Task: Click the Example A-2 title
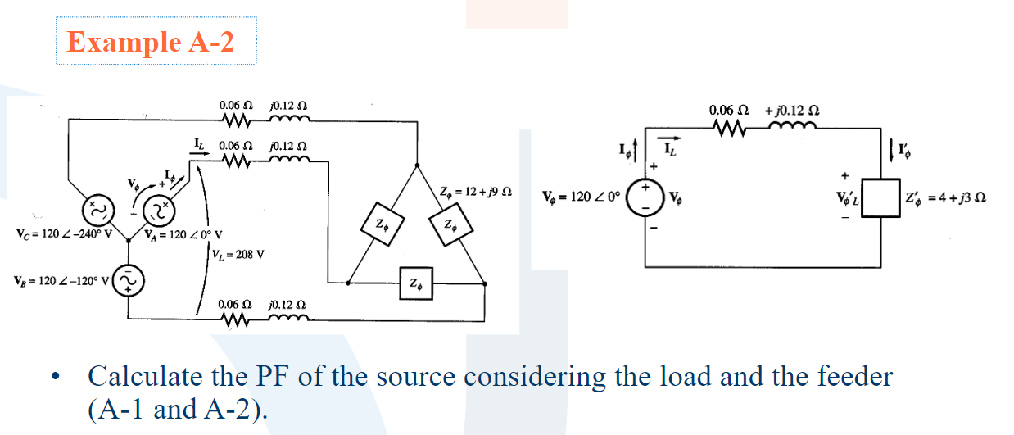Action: point(150,42)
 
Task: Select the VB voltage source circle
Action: point(129,283)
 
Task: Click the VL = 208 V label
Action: point(238,253)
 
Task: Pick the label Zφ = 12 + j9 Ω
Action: point(476,193)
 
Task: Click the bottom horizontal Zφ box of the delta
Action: point(416,285)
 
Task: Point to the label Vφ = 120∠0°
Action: point(582,197)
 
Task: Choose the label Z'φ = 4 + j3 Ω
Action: point(955,199)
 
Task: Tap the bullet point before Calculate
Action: point(55,378)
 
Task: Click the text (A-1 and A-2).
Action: point(177,407)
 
